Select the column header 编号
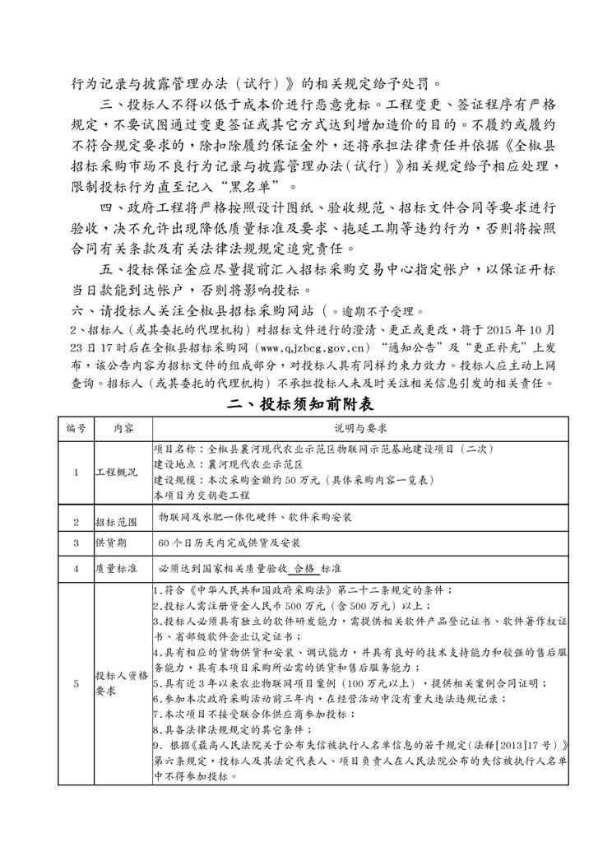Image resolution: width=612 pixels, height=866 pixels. tap(76, 429)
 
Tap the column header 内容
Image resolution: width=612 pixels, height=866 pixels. tap(123, 429)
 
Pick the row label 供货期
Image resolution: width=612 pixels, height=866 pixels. tap(113, 543)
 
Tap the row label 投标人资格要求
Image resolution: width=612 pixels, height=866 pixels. tap(123, 682)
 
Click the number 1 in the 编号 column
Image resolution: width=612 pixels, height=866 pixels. tap(76, 473)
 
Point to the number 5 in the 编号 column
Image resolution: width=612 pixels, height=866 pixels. tap(76, 683)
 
